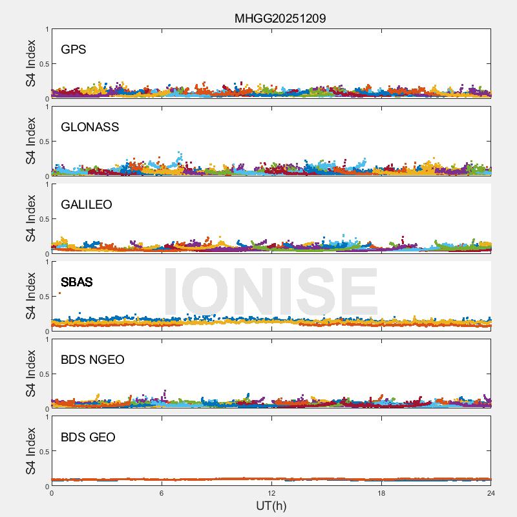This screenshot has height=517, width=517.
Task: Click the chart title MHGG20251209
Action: (280, 18)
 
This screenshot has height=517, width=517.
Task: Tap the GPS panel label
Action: (73, 50)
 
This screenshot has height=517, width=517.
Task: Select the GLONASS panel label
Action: (90, 127)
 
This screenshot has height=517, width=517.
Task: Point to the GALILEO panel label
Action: (87, 205)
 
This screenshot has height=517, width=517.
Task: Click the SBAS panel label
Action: (76, 282)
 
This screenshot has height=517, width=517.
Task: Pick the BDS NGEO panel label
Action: (92, 360)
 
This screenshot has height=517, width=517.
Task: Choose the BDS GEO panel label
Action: (88, 438)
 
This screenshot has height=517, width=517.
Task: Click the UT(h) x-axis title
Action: (271, 505)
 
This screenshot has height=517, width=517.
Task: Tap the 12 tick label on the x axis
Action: (271, 493)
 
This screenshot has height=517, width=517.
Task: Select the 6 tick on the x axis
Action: (162, 493)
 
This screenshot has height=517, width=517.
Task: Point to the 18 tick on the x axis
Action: (381, 493)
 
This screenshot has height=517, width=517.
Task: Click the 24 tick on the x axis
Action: (491, 493)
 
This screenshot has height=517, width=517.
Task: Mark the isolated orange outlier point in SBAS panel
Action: (60, 293)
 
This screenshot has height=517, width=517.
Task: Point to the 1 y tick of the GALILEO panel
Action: (47, 184)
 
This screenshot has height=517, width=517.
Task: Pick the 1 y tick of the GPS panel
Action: (47, 29)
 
